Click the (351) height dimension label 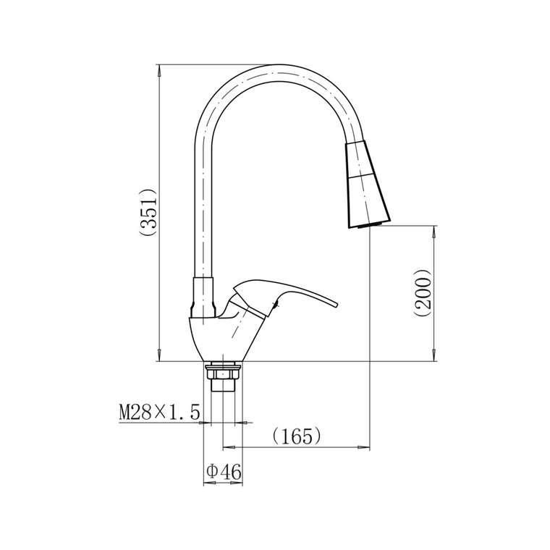coord(148,212)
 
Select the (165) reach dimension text coord(297,436)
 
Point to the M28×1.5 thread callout coord(160,412)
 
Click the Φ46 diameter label coord(224,472)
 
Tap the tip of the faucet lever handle coord(337,305)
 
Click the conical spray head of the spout coord(368,184)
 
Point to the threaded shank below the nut coord(223,386)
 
